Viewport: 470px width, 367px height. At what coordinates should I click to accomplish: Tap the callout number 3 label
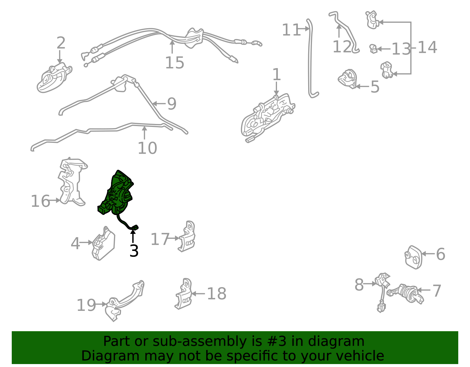coord(134,251)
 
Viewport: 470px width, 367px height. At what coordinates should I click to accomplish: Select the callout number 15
coord(174,63)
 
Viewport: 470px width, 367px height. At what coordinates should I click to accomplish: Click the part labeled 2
coord(54,78)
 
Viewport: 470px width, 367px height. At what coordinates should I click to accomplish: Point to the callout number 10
coord(147,148)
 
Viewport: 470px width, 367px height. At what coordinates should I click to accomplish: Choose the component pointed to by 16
coord(73,182)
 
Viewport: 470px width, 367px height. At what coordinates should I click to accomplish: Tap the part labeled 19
coord(123,301)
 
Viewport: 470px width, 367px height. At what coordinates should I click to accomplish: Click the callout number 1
coord(277,74)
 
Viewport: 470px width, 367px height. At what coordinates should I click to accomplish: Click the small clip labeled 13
coord(373,49)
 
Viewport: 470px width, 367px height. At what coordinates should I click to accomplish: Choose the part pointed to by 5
coord(348,79)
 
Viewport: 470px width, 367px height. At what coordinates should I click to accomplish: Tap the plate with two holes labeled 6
coord(413,257)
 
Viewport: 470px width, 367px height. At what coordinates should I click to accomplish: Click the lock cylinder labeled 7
coord(406,294)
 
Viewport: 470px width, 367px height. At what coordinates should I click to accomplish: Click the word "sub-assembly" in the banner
coord(199,341)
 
